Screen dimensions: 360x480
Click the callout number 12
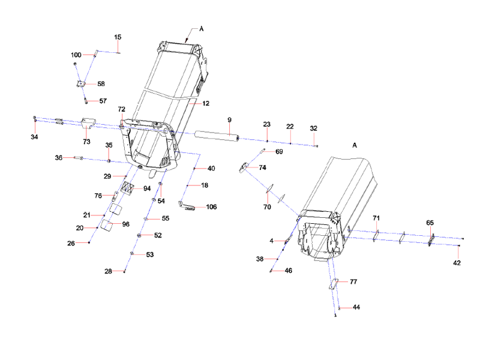pyautogui.click(x=205, y=103)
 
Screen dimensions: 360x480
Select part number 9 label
pyautogui.click(x=229, y=120)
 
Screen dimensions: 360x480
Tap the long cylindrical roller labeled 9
pyautogui.click(x=217, y=136)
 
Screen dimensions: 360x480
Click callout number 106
pyautogui.click(x=211, y=207)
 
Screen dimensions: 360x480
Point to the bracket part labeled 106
pyautogui.click(x=190, y=208)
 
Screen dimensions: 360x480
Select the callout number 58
pyautogui.click(x=100, y=84)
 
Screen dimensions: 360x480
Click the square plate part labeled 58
pyautogui.click(x=80, y=85)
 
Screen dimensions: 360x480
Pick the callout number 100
pyautogui.click(x=76, y=55)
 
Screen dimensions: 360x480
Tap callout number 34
pyautogui.click(x=34, y=137)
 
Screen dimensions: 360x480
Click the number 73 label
pyautogui.click(x=86, y=142)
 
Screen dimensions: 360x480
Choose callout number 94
pyautogui.click(x=147, y=188)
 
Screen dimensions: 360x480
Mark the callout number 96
pyautogui.click(x=125, y=224)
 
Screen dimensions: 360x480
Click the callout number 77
pyautogui.click(x=353, y=281)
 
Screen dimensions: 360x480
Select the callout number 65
pyautogui.click(x=430, y=223)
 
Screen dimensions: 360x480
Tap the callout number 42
pyautogui.click(x=457, y=263)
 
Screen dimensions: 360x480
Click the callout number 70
pyautogui.click(x=267, y=207)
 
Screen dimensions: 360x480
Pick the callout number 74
pyautogui.click(x=262, y=168)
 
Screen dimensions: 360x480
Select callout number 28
pyautogui.click(x=108, y=272)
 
